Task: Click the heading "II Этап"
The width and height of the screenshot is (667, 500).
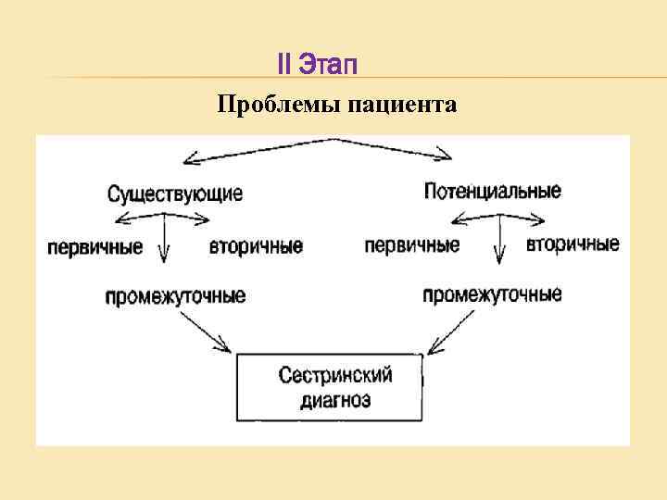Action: coord(317,66)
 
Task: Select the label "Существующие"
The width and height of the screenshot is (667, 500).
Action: coord(175,194)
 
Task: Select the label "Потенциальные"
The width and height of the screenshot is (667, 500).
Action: coord(492,192)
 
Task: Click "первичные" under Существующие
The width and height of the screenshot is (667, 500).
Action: coord(95,247)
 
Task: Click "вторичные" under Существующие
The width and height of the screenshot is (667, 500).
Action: coord(256,247)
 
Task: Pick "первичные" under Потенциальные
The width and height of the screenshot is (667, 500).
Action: coord(412,246)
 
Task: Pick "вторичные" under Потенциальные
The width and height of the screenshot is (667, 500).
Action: coord(573,245)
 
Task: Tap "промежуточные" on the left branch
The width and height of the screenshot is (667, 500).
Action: coord(175,296)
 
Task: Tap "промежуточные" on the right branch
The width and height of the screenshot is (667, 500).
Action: coord(492,295)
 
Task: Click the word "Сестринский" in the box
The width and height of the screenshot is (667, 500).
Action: coord(335,376)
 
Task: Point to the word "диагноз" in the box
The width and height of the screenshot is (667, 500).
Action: coord(335,400)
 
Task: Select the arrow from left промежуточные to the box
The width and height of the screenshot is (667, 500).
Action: coord(206,331)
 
